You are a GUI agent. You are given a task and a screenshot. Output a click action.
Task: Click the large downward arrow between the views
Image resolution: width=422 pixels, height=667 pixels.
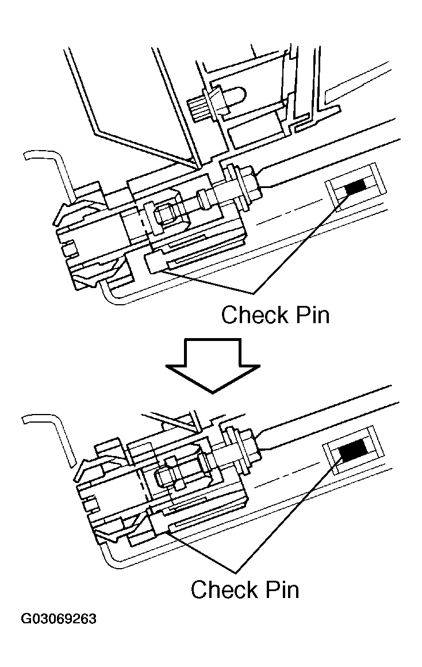point(212,365)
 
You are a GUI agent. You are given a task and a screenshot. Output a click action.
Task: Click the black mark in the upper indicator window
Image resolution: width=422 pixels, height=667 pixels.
point(355,186)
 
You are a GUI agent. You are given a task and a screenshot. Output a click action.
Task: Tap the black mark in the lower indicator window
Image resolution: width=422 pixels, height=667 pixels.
point(352,453)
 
